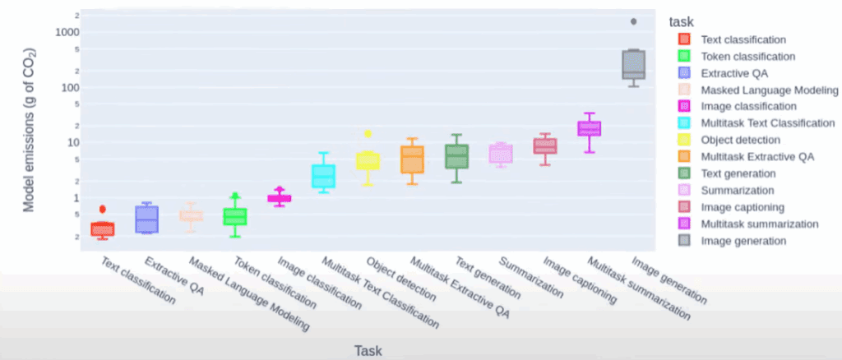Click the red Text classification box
103,228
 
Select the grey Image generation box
633,65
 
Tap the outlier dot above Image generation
633,21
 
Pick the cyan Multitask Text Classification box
323,176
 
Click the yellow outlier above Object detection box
368,133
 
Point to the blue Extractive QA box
147,219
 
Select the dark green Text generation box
456,156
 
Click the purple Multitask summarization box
589,128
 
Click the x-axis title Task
368,350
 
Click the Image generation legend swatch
684,241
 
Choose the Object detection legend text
740,140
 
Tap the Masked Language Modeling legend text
769,90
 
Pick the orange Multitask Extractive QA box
412,159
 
